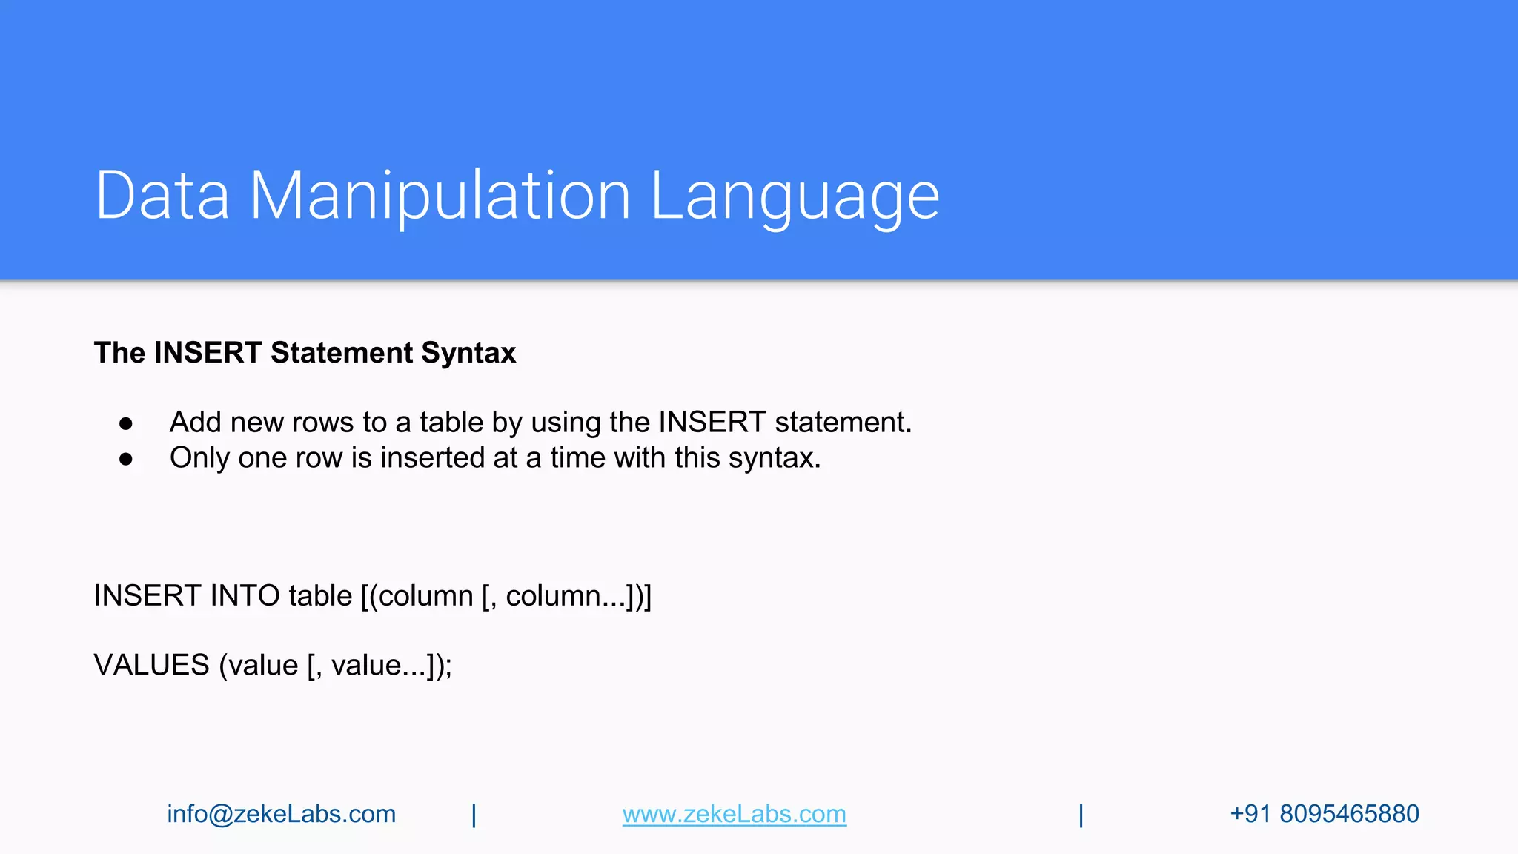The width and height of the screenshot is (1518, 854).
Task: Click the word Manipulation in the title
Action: (x=440, y=196)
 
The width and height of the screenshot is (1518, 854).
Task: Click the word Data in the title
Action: (x=162, y=196)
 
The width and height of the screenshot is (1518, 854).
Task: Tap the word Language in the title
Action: (x=795, y=196)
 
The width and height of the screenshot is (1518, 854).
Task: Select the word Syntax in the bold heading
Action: (x=468, y=353)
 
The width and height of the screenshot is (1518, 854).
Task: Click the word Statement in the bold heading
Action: (x=342, y=353)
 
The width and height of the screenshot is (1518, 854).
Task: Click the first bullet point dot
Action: (x=126, y=423)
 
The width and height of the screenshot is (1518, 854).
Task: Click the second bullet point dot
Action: (x=126, y=459)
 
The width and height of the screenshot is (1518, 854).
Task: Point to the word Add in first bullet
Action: (x=196, y=423)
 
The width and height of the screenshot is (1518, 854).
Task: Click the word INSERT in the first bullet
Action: (x=712, y=423)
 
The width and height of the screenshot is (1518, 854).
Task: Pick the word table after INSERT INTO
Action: (x=320, y=596)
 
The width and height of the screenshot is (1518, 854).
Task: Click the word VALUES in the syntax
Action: (x=152, y=665)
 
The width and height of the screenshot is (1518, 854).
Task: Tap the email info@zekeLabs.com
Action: (x=282, y=814)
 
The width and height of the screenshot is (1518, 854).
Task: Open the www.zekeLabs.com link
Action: (x=734, y=814)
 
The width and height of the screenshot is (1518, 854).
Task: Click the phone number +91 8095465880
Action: (x=1324, y=814)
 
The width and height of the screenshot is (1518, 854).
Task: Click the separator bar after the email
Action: (x=474, y=815)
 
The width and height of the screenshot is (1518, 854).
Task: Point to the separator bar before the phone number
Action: (x=1081, y=815)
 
